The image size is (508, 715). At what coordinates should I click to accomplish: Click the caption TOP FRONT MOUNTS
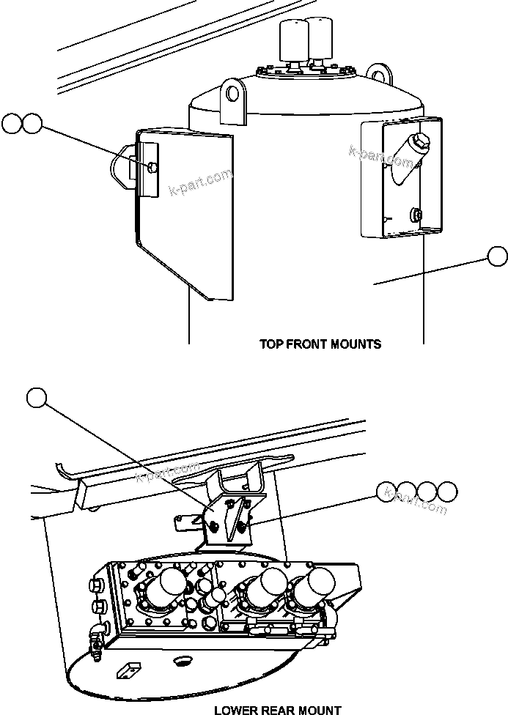point(320,344)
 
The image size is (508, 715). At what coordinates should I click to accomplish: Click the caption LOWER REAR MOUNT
point(277,709)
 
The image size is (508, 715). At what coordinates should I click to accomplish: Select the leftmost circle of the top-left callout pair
point(12,123)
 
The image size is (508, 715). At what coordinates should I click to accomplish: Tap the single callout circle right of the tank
point(497,256)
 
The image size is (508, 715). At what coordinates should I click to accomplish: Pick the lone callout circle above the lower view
point(36,397)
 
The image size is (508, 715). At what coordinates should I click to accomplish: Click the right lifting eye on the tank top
point(379,73)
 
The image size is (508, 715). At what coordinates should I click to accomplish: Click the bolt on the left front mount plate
point(150,168)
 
